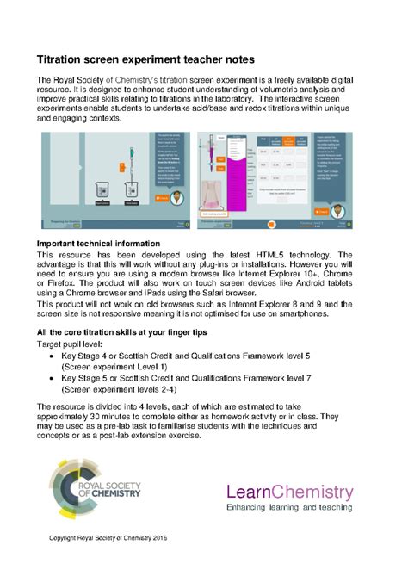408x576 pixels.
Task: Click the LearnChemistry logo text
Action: click(x=289, y=492)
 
